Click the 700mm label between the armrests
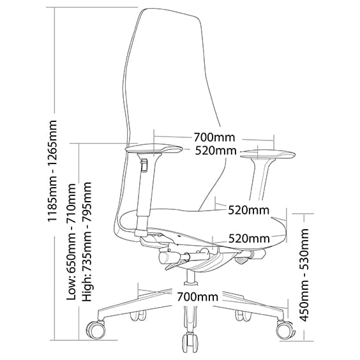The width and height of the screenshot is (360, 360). click(214, 137)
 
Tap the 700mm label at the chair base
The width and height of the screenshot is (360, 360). click(197, 297)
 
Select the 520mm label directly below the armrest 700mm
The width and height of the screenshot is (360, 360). click(216, 151)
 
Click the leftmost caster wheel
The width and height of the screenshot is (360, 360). click(96, 330)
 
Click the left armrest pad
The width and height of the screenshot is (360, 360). click(154, 149)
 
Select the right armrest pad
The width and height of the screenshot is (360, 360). click(267, 154)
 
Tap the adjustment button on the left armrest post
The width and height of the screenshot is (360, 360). click(144, 165)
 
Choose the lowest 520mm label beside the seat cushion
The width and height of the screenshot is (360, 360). click(249, 239)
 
